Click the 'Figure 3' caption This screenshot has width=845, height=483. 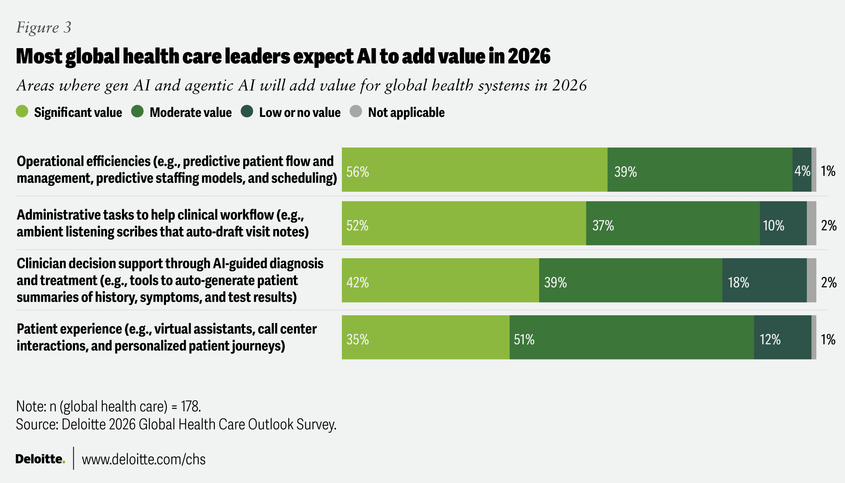pyautogui.click(x=44, y=27)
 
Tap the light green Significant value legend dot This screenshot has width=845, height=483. pyautogui.click(x=22, y=112)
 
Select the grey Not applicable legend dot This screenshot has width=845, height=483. pyautogui.click(x=356, y=112)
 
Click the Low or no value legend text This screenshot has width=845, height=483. pyautogui.click(x=300, y=113)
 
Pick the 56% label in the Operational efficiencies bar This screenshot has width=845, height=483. pyautogui.click(x=357, y=172)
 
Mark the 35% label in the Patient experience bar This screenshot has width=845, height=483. pyautogui.click(x=357, y=339)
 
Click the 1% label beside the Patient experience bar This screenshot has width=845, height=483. pyautogui.click(x=828, y=339)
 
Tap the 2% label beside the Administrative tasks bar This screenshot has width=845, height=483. pyautogui.click(x=829, y=225)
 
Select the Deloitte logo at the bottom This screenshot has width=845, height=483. pyautogui.click(x=40, y=459)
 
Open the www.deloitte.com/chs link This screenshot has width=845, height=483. pyautogui.click(x=143, y=459)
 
